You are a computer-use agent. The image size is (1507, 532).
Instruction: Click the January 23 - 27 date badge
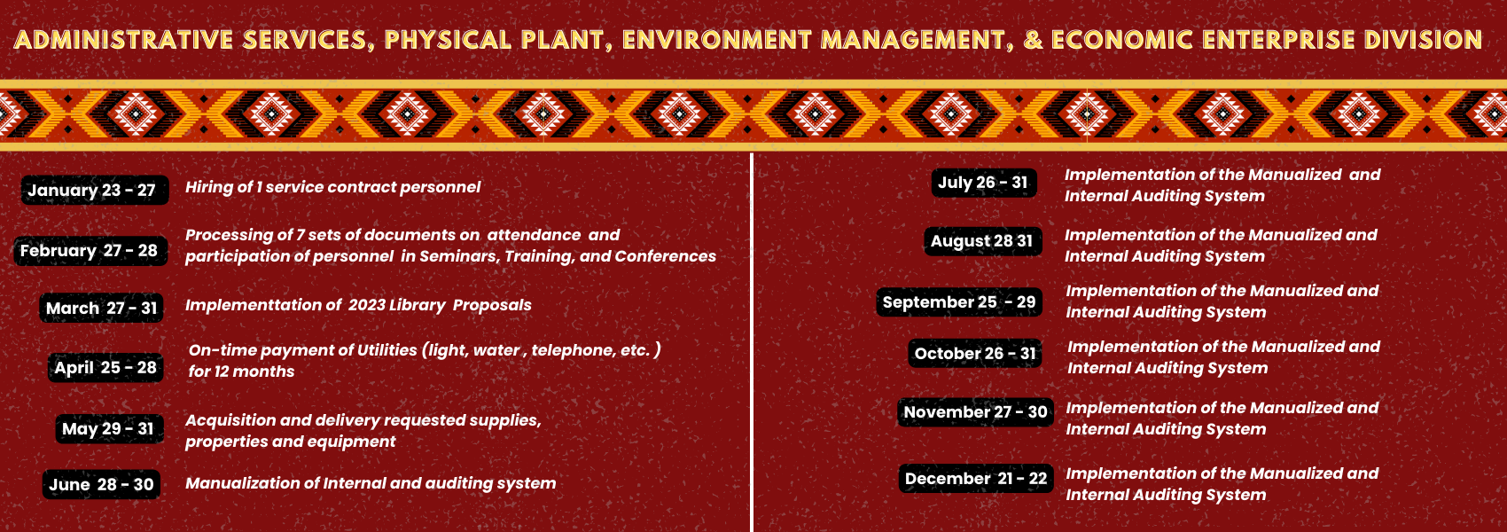[x=95, y=190]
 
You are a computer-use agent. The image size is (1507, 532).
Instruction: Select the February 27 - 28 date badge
[x=90, y=250]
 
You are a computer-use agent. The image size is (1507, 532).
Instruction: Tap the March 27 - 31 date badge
[x=101, y=308]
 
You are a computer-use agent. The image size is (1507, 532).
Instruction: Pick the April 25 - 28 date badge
[x=105, y=367]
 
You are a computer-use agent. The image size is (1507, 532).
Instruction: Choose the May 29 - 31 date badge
[x=109, y=428]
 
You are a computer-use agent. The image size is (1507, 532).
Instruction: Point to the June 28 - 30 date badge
[x=102, y=484]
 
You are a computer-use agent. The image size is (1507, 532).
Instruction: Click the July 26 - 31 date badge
[x=984, y=183]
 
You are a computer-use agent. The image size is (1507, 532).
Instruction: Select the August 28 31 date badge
[x=983, y=241]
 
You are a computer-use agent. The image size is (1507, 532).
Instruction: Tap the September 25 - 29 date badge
[x=959, y=302]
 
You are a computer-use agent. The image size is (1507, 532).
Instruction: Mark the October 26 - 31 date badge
[x=975, y=353]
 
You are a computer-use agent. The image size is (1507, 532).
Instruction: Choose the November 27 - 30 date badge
[x=975, y=411]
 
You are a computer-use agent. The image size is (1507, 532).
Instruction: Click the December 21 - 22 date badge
[x=976, y=478]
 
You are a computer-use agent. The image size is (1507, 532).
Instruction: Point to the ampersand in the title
[x=1033, y=40]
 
